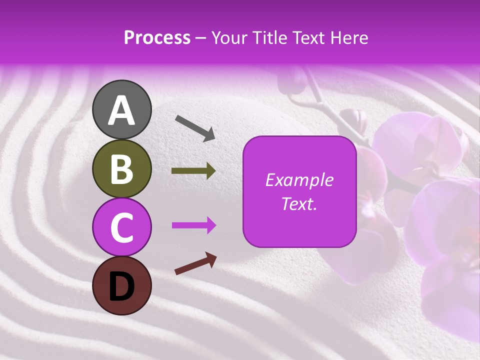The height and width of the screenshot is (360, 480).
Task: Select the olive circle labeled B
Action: pyautogui.click(x=121, y=168)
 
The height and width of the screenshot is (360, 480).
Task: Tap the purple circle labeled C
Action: pyautogui.click(x=121, y=227)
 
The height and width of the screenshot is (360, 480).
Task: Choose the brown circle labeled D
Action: pyautogui.click(x=121, y=285)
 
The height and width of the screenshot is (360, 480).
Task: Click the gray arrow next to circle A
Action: pyautogui.click(x=195, y=127)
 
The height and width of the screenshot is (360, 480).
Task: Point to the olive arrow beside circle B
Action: pyautogui.click(x=193, y=171)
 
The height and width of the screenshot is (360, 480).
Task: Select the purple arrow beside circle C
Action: pyautogui.click(x=193, y=225)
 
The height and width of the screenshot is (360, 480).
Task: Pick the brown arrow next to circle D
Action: pyautogui.click(x=195, y=263)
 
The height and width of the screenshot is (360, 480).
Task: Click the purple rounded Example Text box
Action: pyautogui.click(x=299, y=192)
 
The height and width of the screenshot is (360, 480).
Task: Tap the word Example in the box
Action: pyautogui.click(x=299, y=180)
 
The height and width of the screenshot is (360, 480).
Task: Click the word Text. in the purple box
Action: pyautogui.click(x=299, y=203)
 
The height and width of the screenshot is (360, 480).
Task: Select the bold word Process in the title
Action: pyautogui.click(x=157, y=38)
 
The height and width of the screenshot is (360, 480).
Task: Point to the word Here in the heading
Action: pyautogui.click(x=349, y=38)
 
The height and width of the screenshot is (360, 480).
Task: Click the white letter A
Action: pyautogui.click(x=121, y=110)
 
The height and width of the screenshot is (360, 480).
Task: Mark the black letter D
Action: pyautogui.click(x=121, y=286)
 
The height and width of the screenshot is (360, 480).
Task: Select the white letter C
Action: pyautogui.click(x=121, y=227)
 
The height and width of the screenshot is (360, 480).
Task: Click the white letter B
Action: pyautogui.click(x=121, y=169)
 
